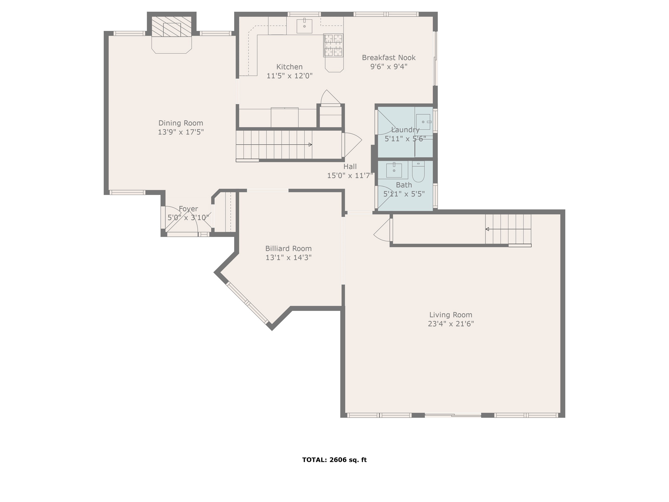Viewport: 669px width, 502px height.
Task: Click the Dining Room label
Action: pyautogui.click(x=180, y=123)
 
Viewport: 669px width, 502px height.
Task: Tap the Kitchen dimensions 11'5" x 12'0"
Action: pyautogui.click(x=290, y=76)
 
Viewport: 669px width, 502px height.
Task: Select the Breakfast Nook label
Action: pyautogui.click(x=389, y=58)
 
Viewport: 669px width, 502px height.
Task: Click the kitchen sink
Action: pyautogui.click(x=304, y=26)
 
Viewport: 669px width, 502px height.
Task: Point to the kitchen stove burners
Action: pyautogui.click(x=333, y=45)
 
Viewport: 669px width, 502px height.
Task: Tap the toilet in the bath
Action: pyautogui.click(x=418, y=172)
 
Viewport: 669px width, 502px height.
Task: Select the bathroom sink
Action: pyautogui.click(x=394, y=171)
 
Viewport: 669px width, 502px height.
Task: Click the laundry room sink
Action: pyautogui.click(x=423, y=122)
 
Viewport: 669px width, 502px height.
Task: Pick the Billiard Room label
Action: pyautogui.click(x=289, y=249)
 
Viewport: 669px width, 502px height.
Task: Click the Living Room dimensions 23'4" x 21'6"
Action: pyautogui.click(x=451, y=324)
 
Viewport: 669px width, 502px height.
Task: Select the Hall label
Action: pyautogui.click(x=350, y=167)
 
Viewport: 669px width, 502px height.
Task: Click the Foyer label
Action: pyautogui.click(x=188, y=209)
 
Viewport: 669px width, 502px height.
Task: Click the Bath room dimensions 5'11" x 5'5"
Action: pyautogui.click(x=404, y=194)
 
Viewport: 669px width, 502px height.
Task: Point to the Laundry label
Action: pyautogui.click(x=405, y=130)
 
